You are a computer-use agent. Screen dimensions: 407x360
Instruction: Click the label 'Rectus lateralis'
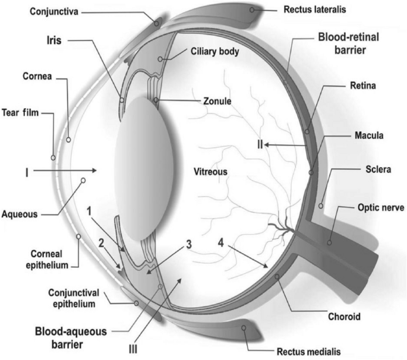coord(314,10)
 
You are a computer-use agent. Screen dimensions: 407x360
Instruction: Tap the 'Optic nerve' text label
coord(381,208)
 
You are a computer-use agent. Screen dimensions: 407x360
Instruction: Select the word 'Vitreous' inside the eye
coord(210,172)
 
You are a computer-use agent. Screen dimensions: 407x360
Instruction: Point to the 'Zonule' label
coord(217,101)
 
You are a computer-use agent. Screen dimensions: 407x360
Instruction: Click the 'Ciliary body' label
coord(215,52)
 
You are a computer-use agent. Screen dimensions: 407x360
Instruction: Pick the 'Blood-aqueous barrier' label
coord(71,338)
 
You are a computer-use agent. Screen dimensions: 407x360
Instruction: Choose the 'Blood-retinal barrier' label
coord(349,43)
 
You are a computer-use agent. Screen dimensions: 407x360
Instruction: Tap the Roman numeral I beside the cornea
coord(27,172)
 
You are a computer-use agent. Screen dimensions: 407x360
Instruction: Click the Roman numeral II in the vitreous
coord(260,144)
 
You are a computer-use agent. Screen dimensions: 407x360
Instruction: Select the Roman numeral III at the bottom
coord(133,350)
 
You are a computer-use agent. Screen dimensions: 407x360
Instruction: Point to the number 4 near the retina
coord(221,243)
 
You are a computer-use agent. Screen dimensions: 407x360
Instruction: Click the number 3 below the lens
coord(189,244)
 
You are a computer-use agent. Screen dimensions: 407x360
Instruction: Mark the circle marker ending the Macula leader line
coord(311,172)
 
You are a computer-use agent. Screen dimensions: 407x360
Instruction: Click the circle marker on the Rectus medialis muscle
coord(244,328)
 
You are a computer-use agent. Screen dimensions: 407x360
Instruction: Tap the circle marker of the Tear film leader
coord(53,157)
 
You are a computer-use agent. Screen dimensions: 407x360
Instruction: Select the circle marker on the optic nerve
coord(329,243)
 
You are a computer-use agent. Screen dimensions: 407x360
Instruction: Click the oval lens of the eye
coord(144,169)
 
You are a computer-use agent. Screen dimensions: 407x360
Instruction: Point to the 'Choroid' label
coord(344,317)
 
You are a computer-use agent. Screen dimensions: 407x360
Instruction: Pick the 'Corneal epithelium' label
coord(47,259)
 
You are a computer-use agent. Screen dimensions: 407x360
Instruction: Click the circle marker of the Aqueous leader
coord(83,180)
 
